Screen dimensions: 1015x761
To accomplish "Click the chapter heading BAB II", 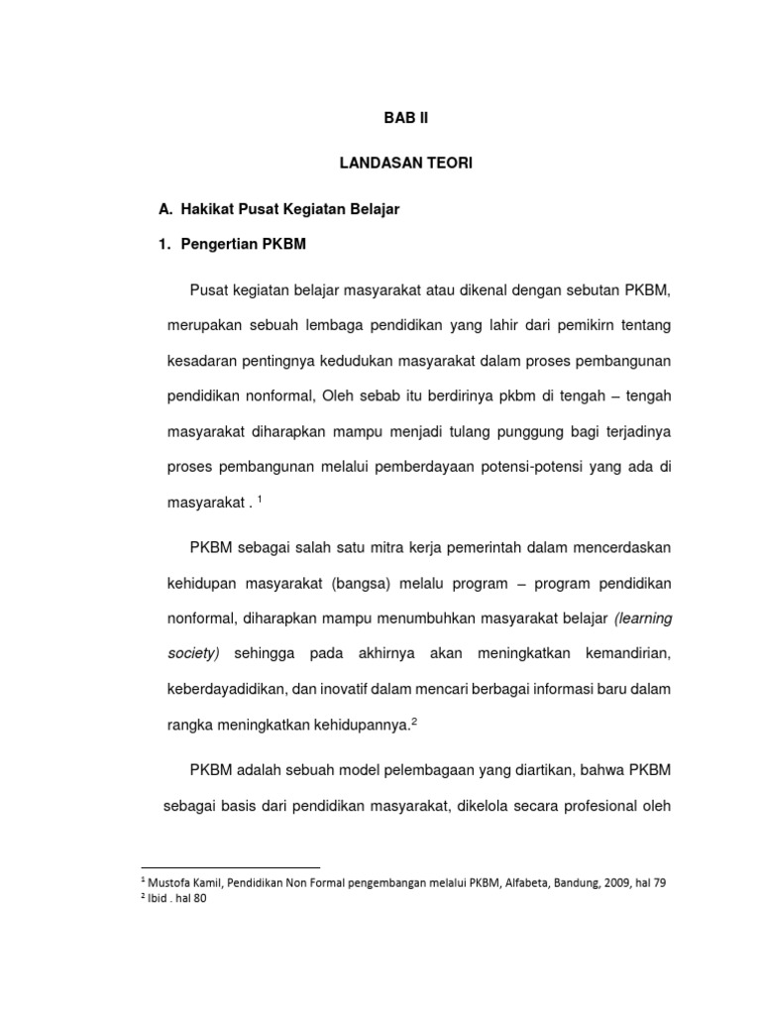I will point(406,117).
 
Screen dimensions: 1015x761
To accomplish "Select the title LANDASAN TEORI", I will point(406,164).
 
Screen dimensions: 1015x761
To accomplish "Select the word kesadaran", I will point(201,361).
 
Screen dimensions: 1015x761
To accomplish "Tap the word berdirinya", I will point(471,395).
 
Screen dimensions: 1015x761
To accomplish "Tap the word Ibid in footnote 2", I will point(159,900).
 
